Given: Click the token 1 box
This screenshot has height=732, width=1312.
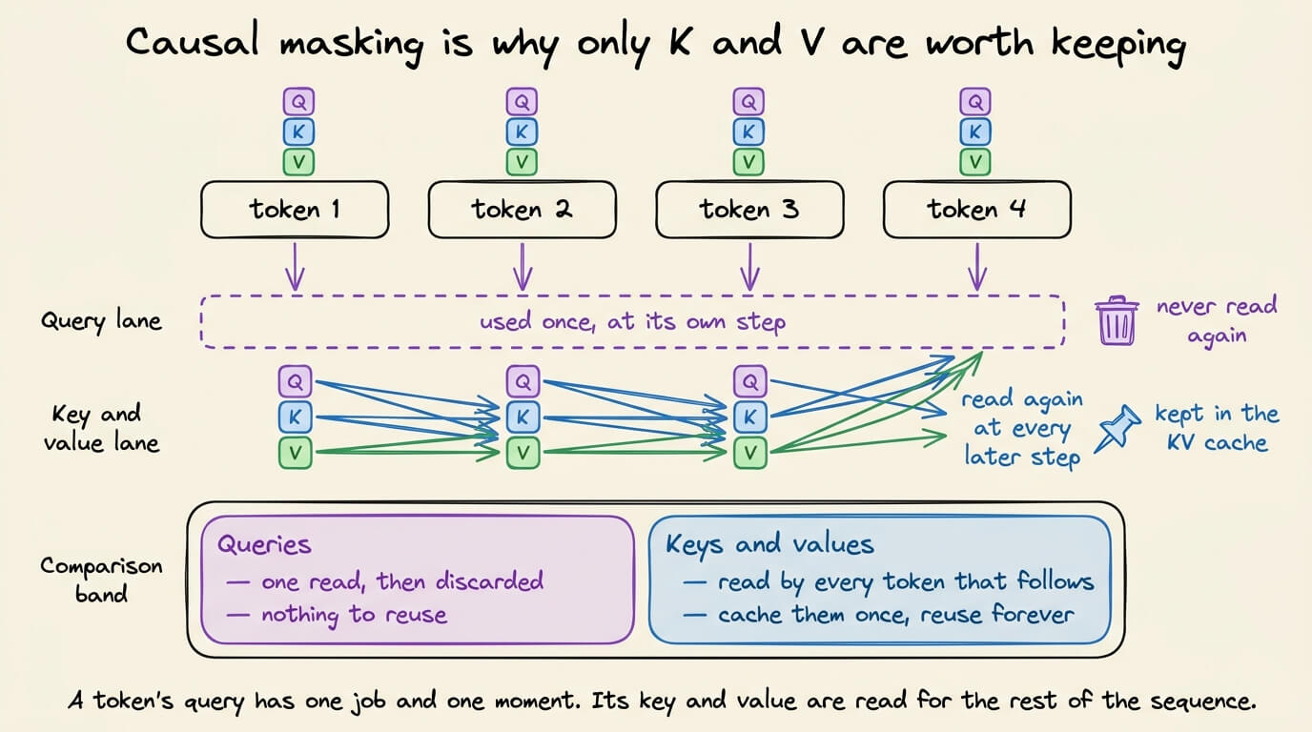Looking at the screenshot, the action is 295,209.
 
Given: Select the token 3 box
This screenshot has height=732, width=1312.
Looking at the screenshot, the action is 749,209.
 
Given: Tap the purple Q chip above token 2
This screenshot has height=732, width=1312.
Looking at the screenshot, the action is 522,102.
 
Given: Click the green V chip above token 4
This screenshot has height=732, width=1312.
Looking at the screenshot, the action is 975,162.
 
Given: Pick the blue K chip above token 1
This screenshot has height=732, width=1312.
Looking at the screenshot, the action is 298,132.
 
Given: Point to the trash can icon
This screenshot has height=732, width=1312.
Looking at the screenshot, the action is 1117,320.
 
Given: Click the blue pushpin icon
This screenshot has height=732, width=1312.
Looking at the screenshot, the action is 1117,429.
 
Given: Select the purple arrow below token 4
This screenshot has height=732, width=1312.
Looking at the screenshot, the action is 977,267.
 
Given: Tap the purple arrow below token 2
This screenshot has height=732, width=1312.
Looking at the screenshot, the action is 523,267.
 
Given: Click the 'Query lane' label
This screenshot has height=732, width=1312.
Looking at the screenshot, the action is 101,321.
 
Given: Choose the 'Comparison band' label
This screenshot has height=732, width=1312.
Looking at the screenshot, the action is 101,579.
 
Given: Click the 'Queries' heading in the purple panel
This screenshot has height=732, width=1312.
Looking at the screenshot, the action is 264,545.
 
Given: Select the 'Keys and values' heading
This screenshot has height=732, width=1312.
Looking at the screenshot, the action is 769,545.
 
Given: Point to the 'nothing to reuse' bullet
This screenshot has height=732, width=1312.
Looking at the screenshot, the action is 337,615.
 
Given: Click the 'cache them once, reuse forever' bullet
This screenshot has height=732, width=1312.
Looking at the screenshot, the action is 879,615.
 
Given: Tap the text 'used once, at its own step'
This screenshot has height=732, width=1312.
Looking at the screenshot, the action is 632,321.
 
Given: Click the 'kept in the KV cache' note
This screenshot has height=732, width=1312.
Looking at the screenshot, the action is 1217,429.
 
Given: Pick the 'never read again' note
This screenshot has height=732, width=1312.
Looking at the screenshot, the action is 1217,321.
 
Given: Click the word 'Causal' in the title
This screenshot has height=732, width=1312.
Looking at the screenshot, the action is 192,42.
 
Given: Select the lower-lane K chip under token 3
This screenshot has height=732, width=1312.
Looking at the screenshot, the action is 749,417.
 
